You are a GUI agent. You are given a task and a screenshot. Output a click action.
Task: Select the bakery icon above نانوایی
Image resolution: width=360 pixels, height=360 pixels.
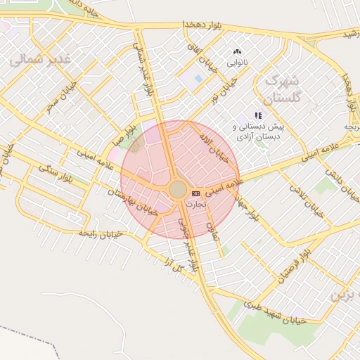click(237, 51)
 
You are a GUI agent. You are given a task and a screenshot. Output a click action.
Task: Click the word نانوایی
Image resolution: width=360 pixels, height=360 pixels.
click(237, 63)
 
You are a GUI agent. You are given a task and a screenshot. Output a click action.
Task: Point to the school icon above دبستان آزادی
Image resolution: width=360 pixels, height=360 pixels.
click(259, 115)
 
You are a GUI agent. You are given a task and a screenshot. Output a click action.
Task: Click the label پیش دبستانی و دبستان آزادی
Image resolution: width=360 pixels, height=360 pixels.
click(259, 130)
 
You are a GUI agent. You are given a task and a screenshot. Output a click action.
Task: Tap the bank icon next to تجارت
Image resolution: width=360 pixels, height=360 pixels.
click(195, 193)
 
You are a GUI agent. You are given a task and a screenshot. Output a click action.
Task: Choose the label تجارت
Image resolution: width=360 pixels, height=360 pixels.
click(195, 202)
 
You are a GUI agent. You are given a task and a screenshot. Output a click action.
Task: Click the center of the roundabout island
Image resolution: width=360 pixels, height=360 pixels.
click(178, 190)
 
